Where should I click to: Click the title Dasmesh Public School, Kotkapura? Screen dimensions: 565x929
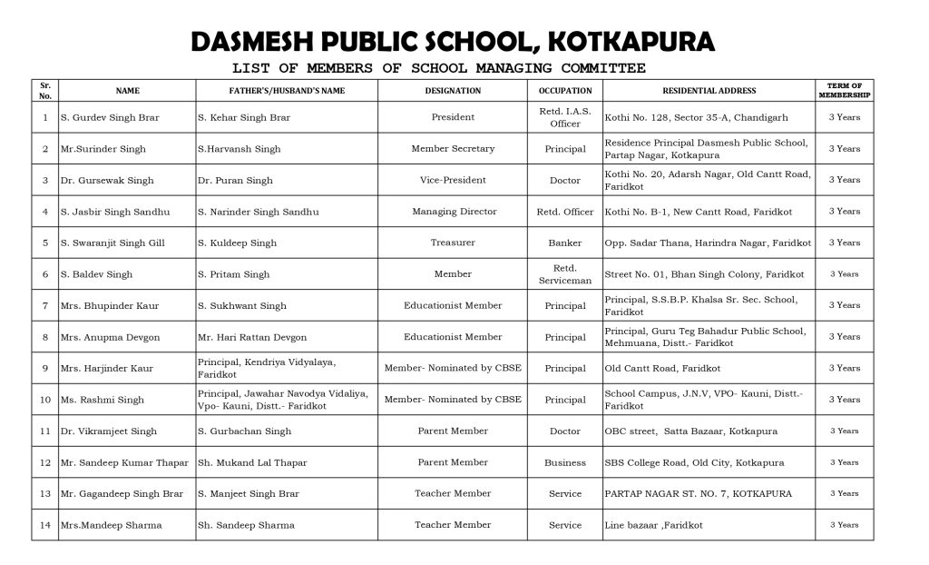[x=452, y=42]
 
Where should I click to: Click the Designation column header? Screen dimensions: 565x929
[x=453, y=91]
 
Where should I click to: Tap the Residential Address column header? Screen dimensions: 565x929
[x=709, y=91]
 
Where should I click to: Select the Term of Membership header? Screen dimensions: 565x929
[x=844, y=91]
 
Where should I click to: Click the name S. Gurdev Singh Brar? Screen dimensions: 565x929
[x=103, y=117]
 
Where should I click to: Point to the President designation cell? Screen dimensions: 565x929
[x=453, y=117]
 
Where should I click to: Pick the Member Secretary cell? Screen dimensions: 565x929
[x=453, y=149]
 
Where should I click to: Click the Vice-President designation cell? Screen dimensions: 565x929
[x=453, y=180]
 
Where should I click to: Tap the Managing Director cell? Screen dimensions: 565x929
[x=454, y=212]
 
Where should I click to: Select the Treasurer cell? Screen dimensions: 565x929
[x=453, y=243]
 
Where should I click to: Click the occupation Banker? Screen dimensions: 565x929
[x=565, y=243]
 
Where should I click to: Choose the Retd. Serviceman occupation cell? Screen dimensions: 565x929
[x=565, y=274]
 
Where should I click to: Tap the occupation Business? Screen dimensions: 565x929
[x=565, y=462]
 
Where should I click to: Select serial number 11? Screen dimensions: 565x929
[x=45, y=431]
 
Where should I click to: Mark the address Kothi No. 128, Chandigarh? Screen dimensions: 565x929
[x=696, y=117]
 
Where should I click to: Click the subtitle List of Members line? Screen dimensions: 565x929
[x=438, y=68]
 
